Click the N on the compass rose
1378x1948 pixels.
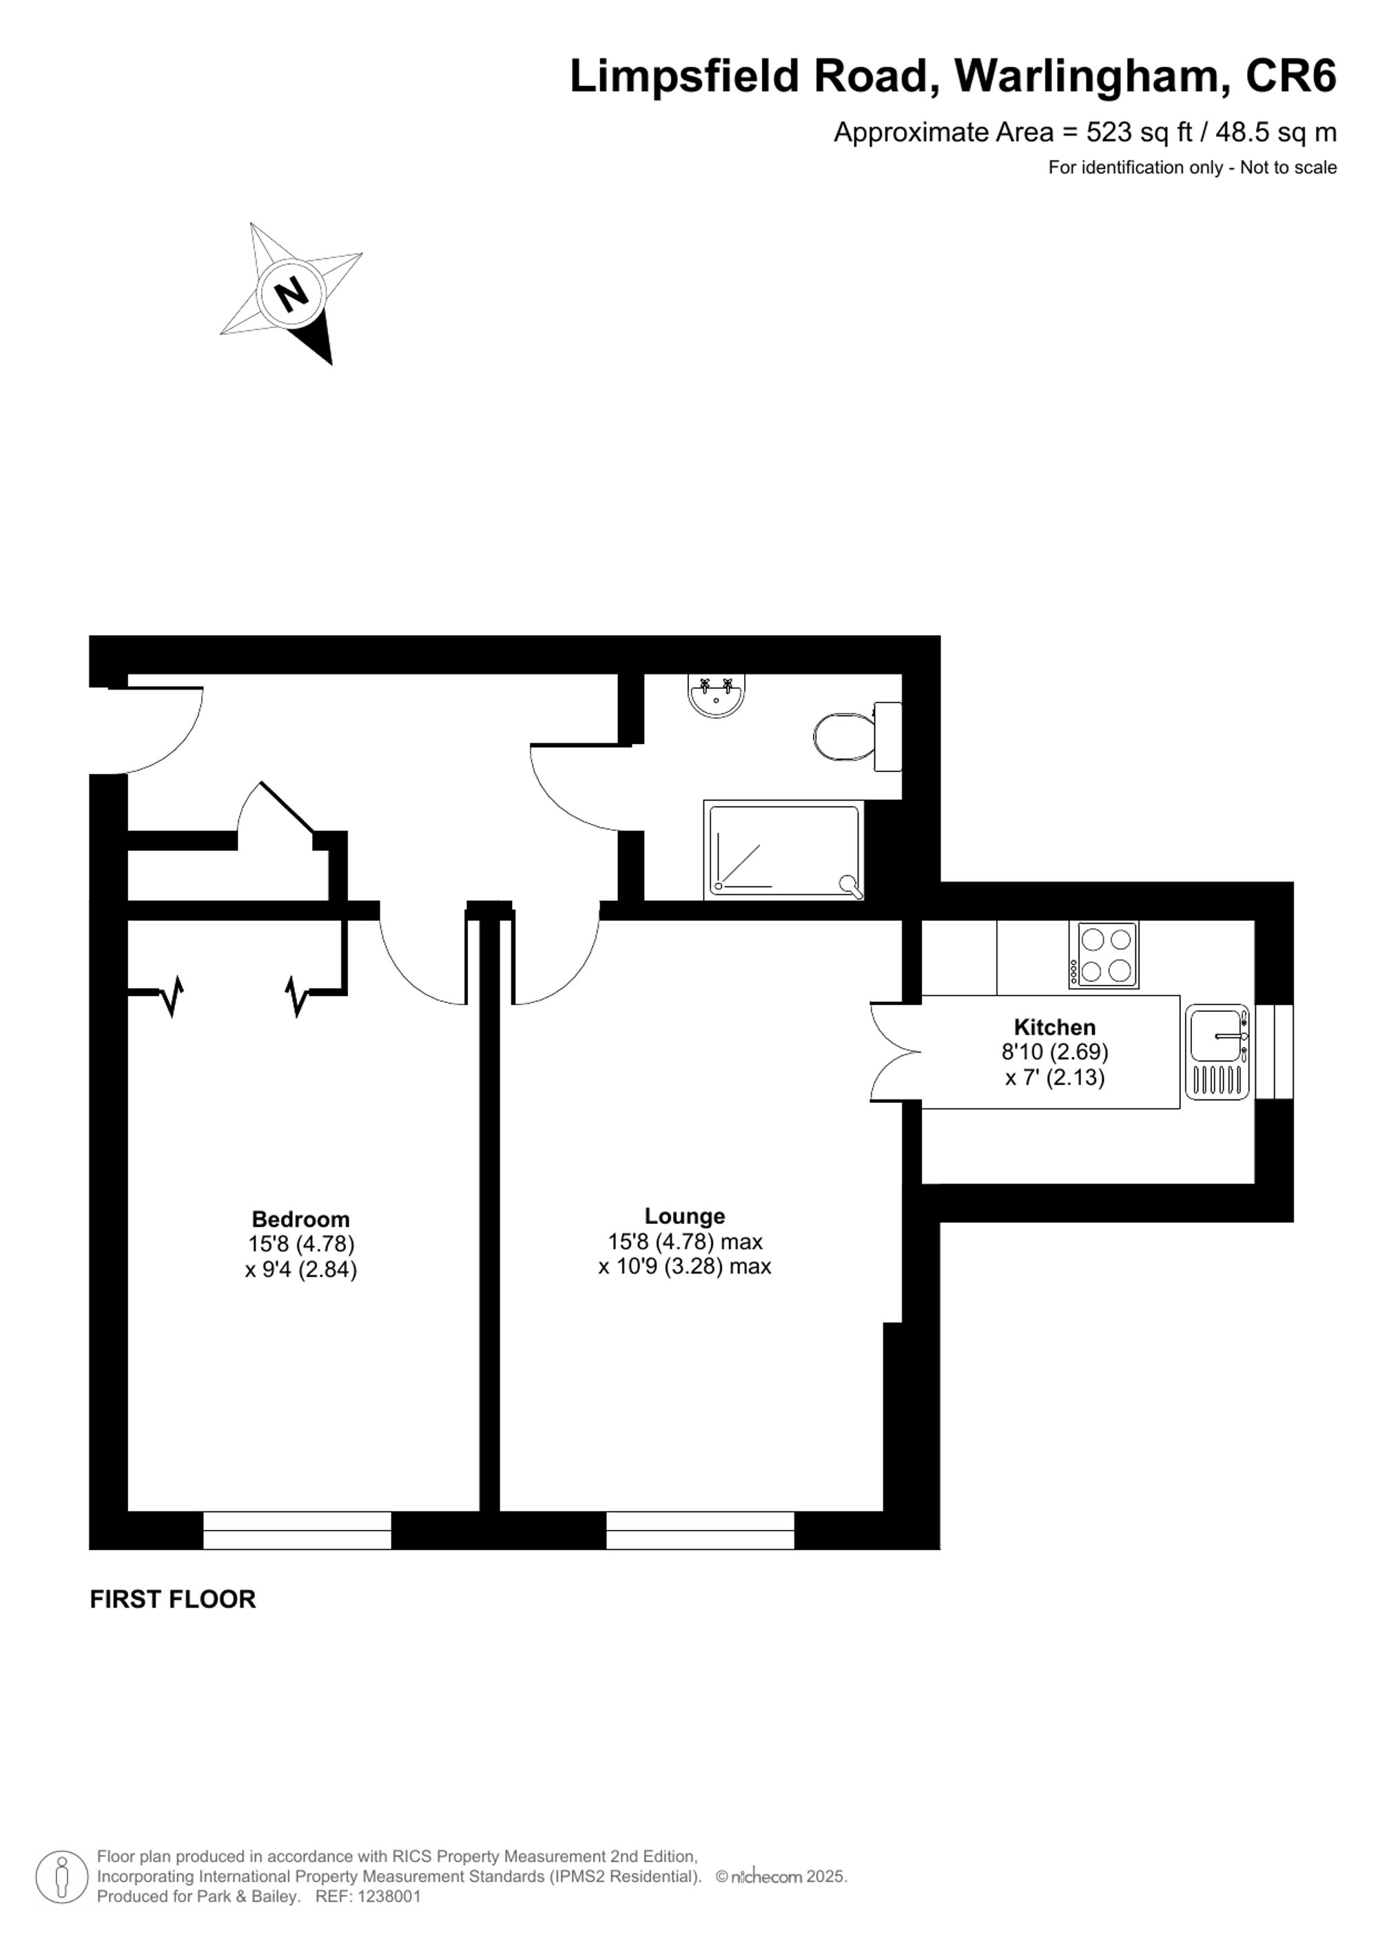[292, 293]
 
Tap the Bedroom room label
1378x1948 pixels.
[300, 1219]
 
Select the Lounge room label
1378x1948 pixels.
[684, 1216]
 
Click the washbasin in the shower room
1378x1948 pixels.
[717, 696]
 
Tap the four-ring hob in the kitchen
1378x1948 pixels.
[1103, 955]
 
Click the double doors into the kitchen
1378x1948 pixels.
[895, 1053]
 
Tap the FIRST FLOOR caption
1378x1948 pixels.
[172, 1599]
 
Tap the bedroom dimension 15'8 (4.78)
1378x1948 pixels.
[300, 1244]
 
